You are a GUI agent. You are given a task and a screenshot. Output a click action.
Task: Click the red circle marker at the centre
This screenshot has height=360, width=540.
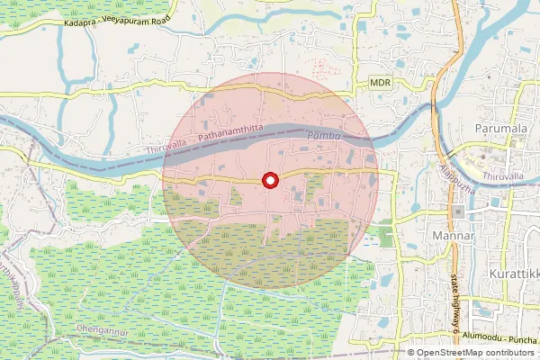click(x=269, y=181)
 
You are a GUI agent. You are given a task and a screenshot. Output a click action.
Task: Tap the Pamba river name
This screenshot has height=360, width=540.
click(x=321, y=135)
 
